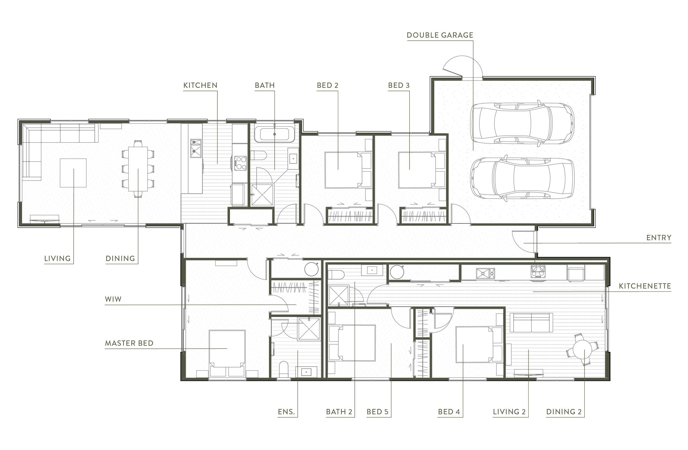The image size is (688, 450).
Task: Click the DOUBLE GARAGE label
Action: (x=440, y=35)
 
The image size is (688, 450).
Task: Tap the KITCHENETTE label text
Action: (x=645, y=286)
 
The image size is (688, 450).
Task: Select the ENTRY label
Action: (x=659, y=238)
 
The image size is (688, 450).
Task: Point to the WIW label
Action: (x=113, y=299)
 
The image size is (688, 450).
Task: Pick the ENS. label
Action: (x=286, y=411)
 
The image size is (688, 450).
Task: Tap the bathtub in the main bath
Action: (x=274, y=134)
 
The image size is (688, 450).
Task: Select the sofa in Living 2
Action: (x=531, y=323)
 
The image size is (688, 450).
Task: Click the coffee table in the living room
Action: (x=73, y=173)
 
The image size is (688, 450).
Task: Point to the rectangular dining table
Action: (x=138, y=169)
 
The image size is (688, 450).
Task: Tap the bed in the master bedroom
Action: (x=227, y=353)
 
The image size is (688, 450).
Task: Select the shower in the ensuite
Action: (x=309, y=329)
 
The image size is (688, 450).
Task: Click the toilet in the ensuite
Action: (x=284, y=369)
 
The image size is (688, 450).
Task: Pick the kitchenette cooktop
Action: (x=538, y=272)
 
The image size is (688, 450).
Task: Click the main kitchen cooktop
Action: (x=240, y=163)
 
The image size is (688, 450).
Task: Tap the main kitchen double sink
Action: (x=196, y=148)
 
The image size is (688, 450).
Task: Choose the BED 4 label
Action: (x=449, y=411)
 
